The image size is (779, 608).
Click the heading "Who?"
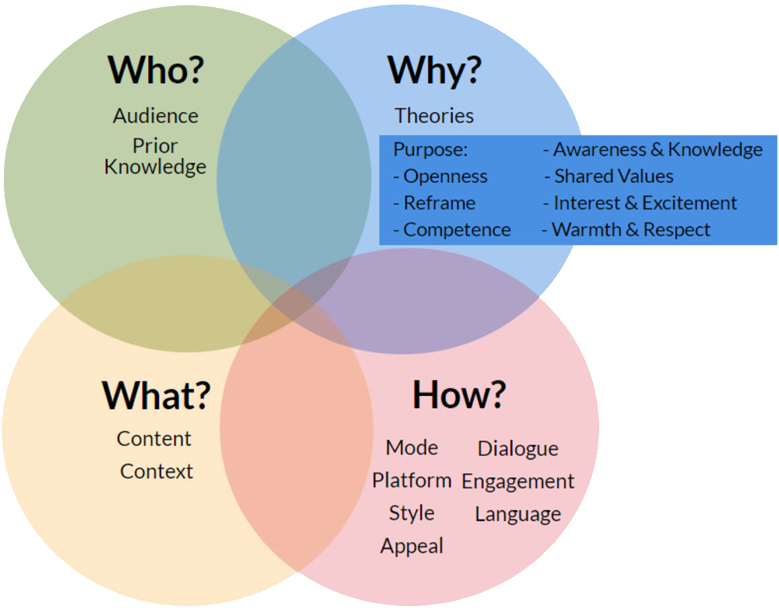coord(155,70)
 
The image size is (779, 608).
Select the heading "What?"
coord(157,395)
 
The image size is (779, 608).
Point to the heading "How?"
coord(459,395)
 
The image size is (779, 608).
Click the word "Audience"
coord(155,116)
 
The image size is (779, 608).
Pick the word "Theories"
coord(434,116)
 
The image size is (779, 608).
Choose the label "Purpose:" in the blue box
coord(430,149)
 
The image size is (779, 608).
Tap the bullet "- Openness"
coord(440,176)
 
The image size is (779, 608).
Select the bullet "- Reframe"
coord(434,203)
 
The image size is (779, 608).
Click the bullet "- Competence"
coord(452,230)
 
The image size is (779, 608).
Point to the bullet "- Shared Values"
coord(608,176)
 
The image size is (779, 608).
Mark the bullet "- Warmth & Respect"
coord(626,230)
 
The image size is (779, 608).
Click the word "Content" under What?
coord(154,439)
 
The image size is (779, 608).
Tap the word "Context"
coord(157,472)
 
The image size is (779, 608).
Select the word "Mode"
coord(412,447)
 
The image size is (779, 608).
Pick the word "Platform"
coord(412,480)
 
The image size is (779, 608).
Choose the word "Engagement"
coord(518,482)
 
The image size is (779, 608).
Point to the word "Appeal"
coord(412,546)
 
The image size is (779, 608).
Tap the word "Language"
coord(518,515)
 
